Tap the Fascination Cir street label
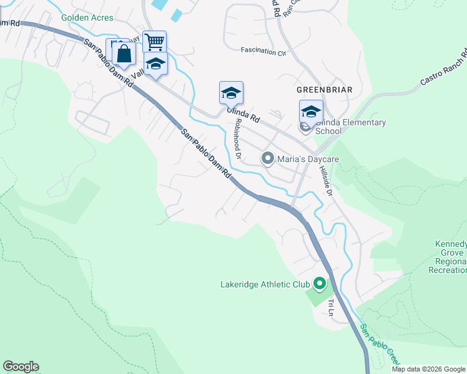263,50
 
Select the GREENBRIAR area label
325,90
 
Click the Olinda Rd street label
243,113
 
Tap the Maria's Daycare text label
308,160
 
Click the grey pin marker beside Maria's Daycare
268,159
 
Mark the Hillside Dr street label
327,182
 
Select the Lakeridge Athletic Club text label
265,285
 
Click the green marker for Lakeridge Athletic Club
320,285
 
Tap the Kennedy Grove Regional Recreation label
450,257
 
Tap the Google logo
21,367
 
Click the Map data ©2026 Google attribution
428,369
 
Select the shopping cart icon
154,42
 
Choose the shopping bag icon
124,54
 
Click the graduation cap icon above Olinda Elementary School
311,112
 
